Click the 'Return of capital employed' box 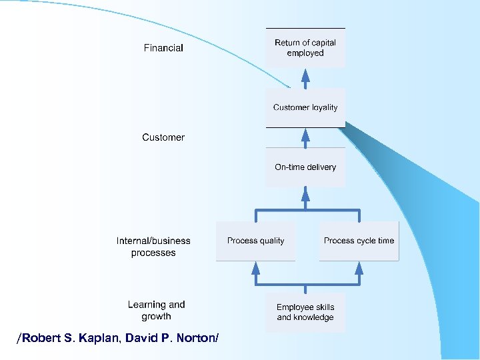(x=305, y=48)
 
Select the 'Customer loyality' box (x=305, y=107)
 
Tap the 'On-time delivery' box (x=305, y=167)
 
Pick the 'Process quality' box (x=255, y=241)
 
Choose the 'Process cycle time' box (x=359, y=241)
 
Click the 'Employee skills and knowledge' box (x=305, y=312)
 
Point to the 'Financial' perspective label (x=163, y=48)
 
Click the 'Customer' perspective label (x=163, y=137)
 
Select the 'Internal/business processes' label (x=153, y=247)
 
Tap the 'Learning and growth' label (x=157, y=310)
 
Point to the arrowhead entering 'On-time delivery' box (x=305, y=193)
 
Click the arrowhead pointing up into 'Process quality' (x=255, y=267)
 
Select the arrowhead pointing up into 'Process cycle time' (x=359, y=267)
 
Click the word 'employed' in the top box (x=305, y=53)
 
